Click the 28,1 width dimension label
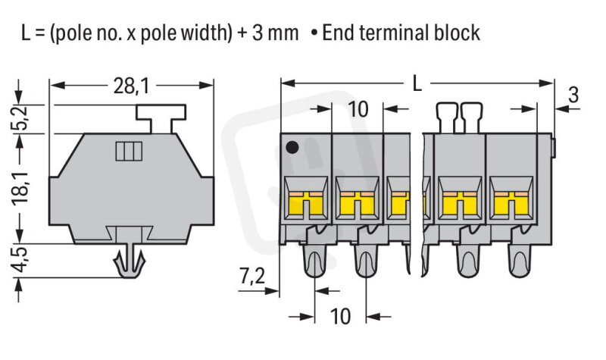click(131, 87)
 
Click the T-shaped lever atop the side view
click(161, 117)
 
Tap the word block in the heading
click(459, 33)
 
